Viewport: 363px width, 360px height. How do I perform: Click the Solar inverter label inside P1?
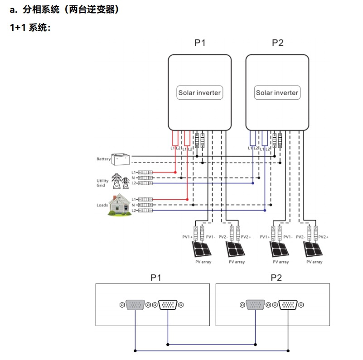point(199,93)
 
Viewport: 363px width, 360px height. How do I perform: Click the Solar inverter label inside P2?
point(277,93)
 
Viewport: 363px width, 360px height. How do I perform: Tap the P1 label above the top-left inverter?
point(200,43)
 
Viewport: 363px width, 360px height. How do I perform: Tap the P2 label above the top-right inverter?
point(277,43)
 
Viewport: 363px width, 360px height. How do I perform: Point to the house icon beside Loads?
point(119,205)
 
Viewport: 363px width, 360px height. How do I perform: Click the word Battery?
point(103,159)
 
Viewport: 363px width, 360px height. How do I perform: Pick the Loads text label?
point(102,205)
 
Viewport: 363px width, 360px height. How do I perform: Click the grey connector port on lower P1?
point(136,305)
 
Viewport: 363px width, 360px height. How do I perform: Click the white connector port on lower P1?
point(168,305)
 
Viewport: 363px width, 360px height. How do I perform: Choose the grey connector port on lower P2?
point(256,305)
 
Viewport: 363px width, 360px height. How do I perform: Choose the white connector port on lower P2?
point(288,305)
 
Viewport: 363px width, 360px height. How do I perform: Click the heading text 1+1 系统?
point(30,28)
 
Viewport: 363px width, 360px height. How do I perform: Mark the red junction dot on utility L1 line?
point(175,172)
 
